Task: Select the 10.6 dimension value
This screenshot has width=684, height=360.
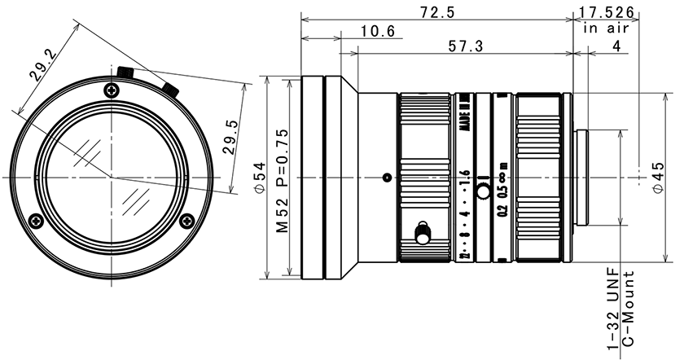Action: click(x=377, y=32)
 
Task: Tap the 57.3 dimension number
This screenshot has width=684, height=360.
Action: click(x=466, y=47)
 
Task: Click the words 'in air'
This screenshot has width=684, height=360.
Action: click(x=604, y=29)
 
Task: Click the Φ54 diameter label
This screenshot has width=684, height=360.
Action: click(x=260, y=176)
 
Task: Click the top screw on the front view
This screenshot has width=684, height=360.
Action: click(x=111, y=89)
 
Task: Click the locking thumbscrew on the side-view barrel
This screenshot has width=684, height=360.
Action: click(x=423, y=234)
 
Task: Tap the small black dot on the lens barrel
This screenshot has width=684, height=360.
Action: click(x=387, y=177)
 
